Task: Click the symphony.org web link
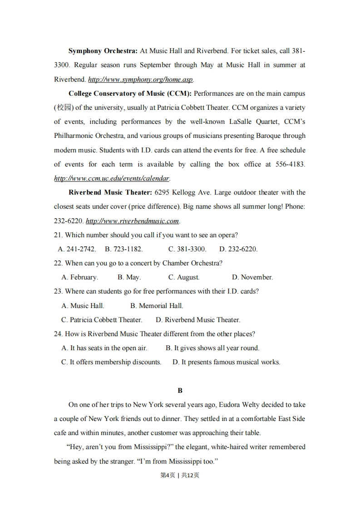(140, 79)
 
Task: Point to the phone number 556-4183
(290, 164)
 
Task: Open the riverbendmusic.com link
(133, 221)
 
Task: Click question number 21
(58, 235)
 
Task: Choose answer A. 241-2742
(77, 249)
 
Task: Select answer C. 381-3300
(187, 249)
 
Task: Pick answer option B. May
(129, 277)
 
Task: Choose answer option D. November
(252, 277)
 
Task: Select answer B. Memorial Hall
(157, 306)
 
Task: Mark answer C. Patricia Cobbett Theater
(102, 320)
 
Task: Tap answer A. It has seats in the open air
(104, 348)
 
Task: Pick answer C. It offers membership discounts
(111, 362)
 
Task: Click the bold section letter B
(180, 390)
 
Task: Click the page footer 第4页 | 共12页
(180, 475)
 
